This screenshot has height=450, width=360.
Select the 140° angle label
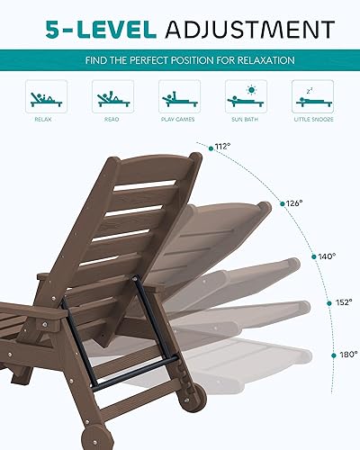coord(328,256)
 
